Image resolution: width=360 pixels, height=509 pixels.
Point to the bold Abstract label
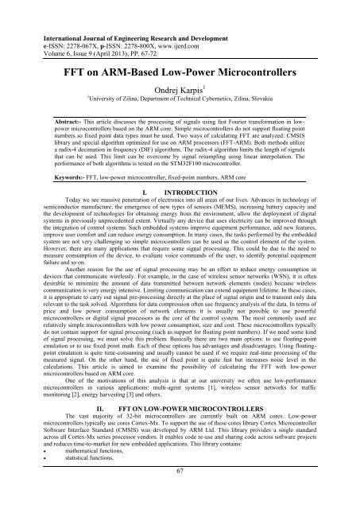pyautogui.click(x=71, y=112)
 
